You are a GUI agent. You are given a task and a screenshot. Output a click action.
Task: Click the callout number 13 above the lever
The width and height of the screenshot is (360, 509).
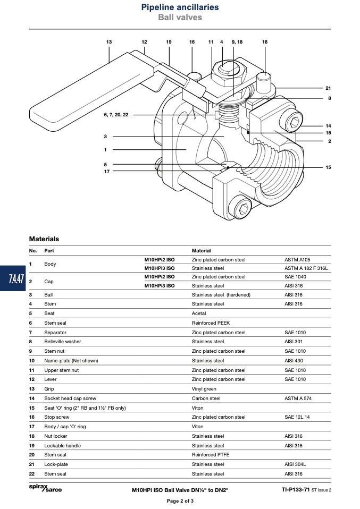tap(109, 42)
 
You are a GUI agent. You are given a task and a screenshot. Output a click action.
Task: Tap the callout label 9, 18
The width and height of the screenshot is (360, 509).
tap(237, 42)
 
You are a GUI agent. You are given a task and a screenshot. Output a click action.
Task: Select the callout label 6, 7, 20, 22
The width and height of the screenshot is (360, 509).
tap(116, 115)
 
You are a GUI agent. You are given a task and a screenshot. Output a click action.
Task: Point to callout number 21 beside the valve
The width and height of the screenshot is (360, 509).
tap(328, 88)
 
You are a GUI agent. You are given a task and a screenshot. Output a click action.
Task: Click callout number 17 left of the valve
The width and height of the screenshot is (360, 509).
tap(107, 172)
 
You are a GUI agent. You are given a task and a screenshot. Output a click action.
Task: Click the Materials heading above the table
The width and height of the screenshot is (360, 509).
tap(44, 239)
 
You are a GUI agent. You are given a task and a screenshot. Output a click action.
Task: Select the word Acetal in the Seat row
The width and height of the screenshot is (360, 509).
tap(199, 313)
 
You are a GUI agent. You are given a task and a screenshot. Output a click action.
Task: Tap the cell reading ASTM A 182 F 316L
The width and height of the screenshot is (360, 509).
tap(306, 268)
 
